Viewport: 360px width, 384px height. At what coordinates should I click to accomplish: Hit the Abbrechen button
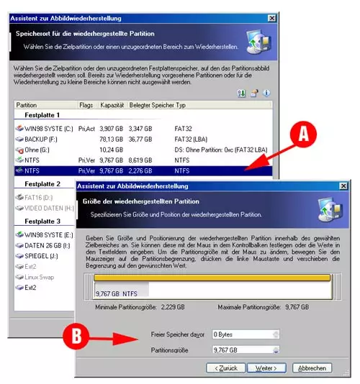pyautogui.click(x=312, y=367)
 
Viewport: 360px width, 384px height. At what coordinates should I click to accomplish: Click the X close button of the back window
pyautogui.click(x=271, y=17)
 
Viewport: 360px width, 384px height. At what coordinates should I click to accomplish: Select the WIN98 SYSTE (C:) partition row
pyautogui.click(x=43, y=129)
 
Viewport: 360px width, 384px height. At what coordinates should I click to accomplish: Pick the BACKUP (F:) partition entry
pyautogui.click(x=40, y=139)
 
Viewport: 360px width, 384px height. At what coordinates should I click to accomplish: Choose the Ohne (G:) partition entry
pyautogui.click(x=36, y=150)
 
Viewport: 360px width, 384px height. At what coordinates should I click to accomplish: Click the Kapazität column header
pyautogui.click(x=112, y=105)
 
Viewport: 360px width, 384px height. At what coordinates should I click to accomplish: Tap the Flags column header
pyautogui.click(x=86, y=105)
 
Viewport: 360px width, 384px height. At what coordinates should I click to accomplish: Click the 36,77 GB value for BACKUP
pyautogui.click(x=141, y=140)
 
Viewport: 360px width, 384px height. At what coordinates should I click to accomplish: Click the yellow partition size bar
pyautogui.click(x=213, y=278)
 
